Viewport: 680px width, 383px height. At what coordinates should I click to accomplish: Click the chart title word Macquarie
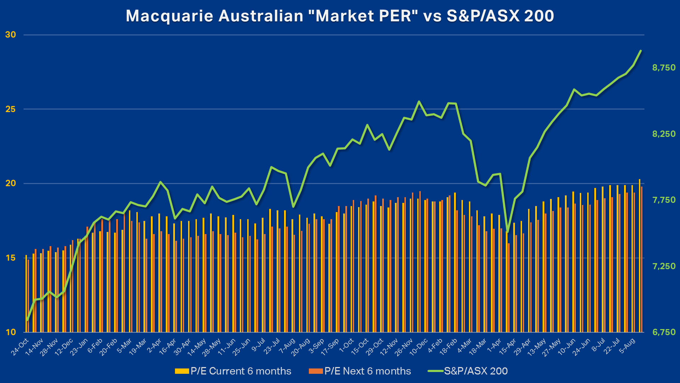click(169, 16)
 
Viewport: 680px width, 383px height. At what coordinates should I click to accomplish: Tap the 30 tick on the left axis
click(11, 35)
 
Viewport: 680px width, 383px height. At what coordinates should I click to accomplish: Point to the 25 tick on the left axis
click(11, 109)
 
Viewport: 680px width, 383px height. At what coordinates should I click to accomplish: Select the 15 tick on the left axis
click(11, 258)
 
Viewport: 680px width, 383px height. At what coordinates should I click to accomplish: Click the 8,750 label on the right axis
click(664, 67)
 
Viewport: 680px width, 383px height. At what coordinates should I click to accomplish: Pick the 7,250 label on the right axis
click(664, 266)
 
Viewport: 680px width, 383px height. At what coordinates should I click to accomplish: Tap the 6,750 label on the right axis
click(664, 332)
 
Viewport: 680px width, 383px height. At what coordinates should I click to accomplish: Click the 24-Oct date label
click(20, 347)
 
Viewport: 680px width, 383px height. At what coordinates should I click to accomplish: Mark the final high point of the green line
click(641, 51)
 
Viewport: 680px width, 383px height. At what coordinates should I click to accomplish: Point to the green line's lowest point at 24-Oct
click(27, 320)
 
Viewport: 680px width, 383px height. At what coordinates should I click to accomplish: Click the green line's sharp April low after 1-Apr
click(508, 232)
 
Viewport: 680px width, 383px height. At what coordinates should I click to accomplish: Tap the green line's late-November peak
click(419, 101)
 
